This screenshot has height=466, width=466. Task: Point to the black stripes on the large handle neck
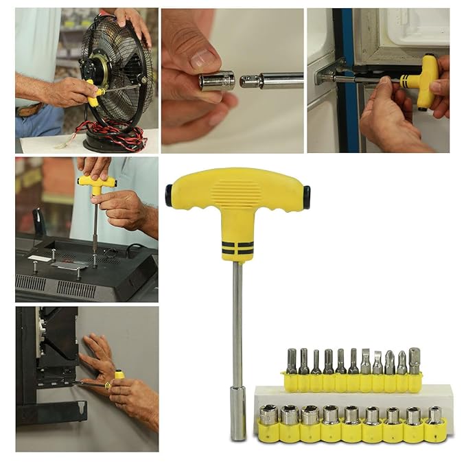click(x=236, y=248)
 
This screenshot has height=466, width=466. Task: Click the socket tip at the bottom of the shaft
click(x=237, y=422)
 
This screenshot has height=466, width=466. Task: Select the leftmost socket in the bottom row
click(x=268, y=415)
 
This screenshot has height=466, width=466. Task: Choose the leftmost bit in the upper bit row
click(x=292, y=362)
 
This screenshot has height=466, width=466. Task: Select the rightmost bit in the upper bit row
click(x=414, y=360)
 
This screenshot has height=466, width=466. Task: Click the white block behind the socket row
click(x=353, y=396)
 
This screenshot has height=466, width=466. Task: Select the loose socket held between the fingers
click(x=217, y=81)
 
